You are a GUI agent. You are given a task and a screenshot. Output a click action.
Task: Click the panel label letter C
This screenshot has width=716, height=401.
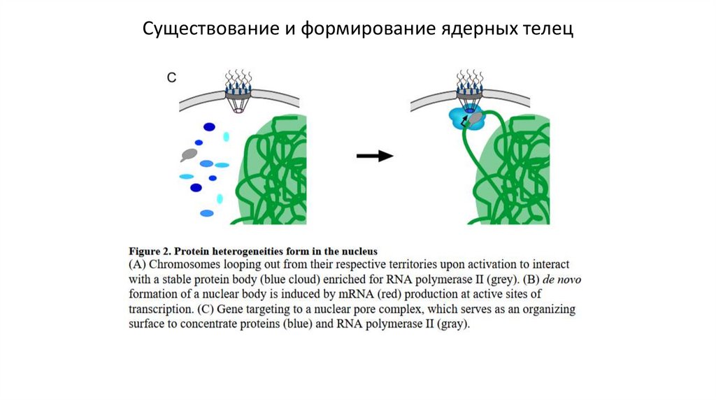[x=172, y=78]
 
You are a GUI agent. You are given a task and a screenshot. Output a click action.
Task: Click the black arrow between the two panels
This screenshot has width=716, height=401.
[x=375, y=156]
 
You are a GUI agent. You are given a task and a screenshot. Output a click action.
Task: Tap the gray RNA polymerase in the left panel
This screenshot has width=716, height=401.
[x=189, y=153]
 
